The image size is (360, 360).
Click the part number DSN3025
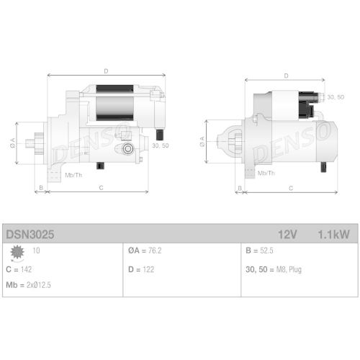tap(30, 234)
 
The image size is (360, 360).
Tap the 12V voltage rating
tap(287, 234)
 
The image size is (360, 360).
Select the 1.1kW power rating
tap(333, 234)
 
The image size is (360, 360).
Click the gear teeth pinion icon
tap(17, 253)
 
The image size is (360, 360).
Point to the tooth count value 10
tap(36, 251)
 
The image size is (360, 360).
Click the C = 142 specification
tap(19, 269)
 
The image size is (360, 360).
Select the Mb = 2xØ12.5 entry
tap(28, 285)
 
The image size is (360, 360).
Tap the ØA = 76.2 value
tap(145, 251)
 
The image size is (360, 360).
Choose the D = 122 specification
tap(141, 269)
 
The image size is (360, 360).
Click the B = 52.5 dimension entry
tap(259, 251)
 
